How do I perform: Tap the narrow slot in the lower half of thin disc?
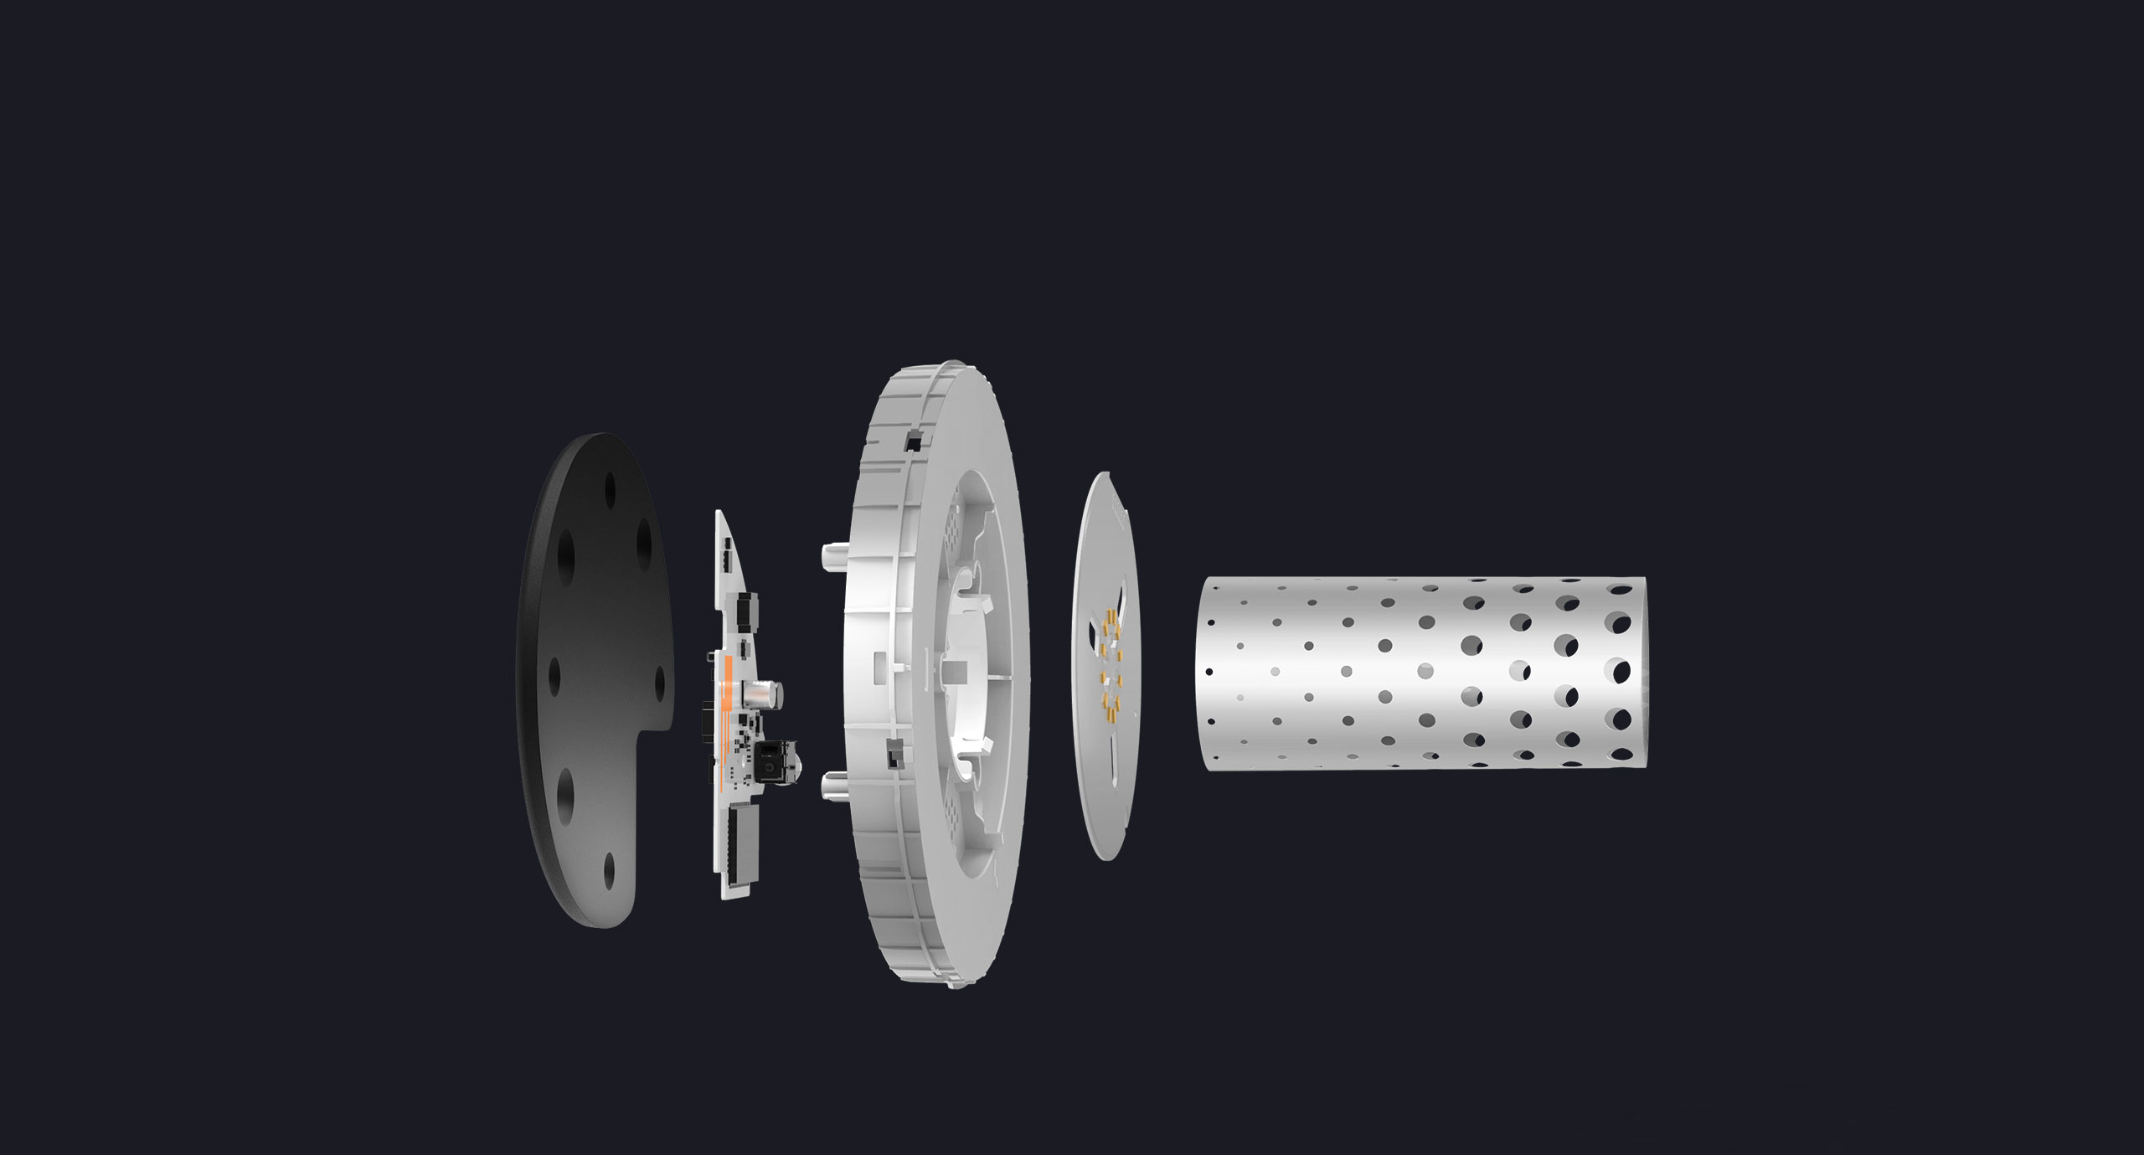[x=1112, y=758]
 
